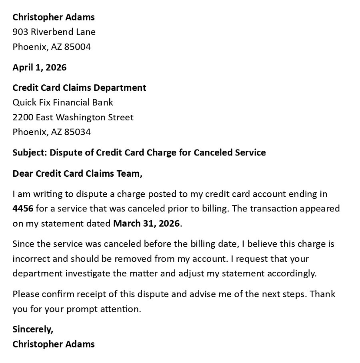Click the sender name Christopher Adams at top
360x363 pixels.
pyautogui.click(x=54, y=17)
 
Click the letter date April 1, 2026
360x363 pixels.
pyautogui.click(x=40, y=67)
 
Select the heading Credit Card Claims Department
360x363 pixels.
pyautogui.click(x=79, y=87)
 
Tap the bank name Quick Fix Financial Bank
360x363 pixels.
pyautogui.click(x=63, y=102)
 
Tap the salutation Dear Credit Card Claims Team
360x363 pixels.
pyautogui.click(x=77, y=174)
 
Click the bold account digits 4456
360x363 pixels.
pyautogui.click(x=22, y=209)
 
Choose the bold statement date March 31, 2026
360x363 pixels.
pyautogui.click(x=146, y=223)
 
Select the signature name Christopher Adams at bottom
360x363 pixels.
pyautogui.click(x=54, y=344)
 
